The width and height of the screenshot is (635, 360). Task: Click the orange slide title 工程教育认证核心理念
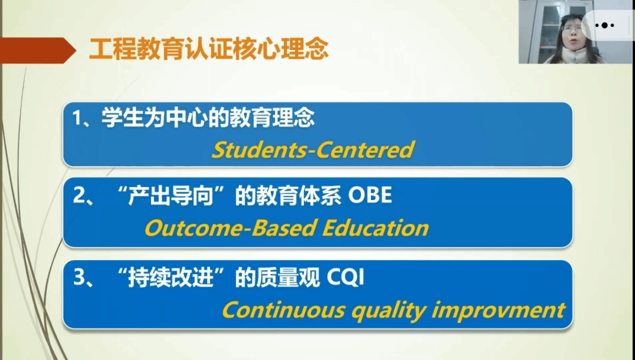click(209, 49)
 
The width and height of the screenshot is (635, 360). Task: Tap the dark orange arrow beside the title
click(38, 50)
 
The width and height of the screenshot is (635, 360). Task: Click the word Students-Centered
click(313, 149)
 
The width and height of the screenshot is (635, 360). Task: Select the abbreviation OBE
click(370, 195)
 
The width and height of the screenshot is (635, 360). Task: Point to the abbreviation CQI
click(345, 278)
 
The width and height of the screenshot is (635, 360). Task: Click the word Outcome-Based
click(230, 228)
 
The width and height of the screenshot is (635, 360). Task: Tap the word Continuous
click(283, 310)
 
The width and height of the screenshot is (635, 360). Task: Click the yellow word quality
click(388, 311)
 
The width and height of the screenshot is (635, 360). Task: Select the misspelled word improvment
click(498, 311)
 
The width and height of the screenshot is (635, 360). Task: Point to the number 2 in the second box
click(79, 195)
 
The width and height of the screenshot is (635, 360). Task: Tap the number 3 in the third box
click(79, 278)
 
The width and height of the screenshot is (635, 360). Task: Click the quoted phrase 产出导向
click(171, 196)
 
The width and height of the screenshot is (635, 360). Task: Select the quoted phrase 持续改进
click(171, 278)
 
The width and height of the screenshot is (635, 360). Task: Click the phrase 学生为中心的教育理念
click(208, 118)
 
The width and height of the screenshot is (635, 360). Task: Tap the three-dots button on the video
click(604, 25)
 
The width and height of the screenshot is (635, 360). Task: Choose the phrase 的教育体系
click(288, 196)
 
